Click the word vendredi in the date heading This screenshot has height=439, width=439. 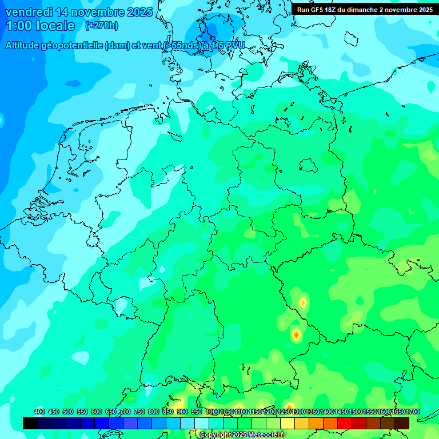(29, 12)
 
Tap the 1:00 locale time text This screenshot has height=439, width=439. (41, 26)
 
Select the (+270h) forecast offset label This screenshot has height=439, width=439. (102, 26)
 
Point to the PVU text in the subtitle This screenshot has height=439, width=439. (233, 46)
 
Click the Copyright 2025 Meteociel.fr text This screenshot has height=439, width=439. (242, 435)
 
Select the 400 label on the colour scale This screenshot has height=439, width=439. (39, 412)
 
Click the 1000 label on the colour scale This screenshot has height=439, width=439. (213, 412)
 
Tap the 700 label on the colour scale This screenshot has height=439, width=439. (125, 412)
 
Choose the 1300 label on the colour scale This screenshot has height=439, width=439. (299, 412)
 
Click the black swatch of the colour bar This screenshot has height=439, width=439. (30, 423)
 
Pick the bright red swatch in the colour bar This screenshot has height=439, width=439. (345, 423)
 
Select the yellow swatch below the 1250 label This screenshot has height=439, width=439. (288, 423)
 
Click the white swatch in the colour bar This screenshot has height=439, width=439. (202, 423)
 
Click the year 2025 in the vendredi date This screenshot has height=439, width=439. (137, 12)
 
